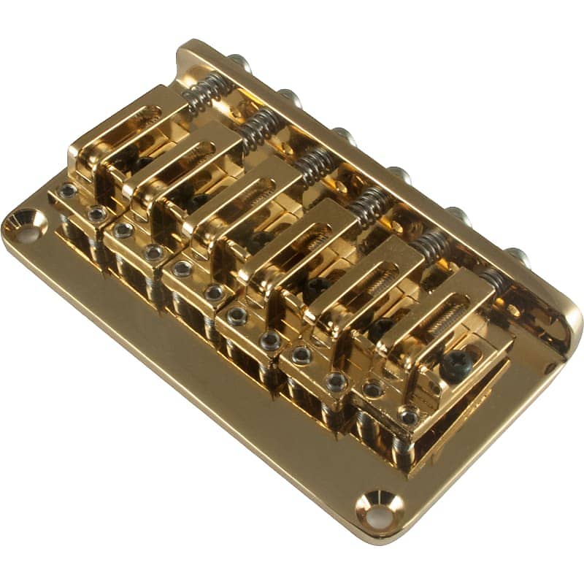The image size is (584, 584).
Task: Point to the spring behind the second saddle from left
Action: coord(256,129)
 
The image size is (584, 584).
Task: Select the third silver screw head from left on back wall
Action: coord(342,135)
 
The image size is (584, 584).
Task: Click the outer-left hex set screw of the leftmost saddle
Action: coord(68,191)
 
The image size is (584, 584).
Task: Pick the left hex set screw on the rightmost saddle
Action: coord(373,389)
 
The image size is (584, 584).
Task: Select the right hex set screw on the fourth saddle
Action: coord(271,339)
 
